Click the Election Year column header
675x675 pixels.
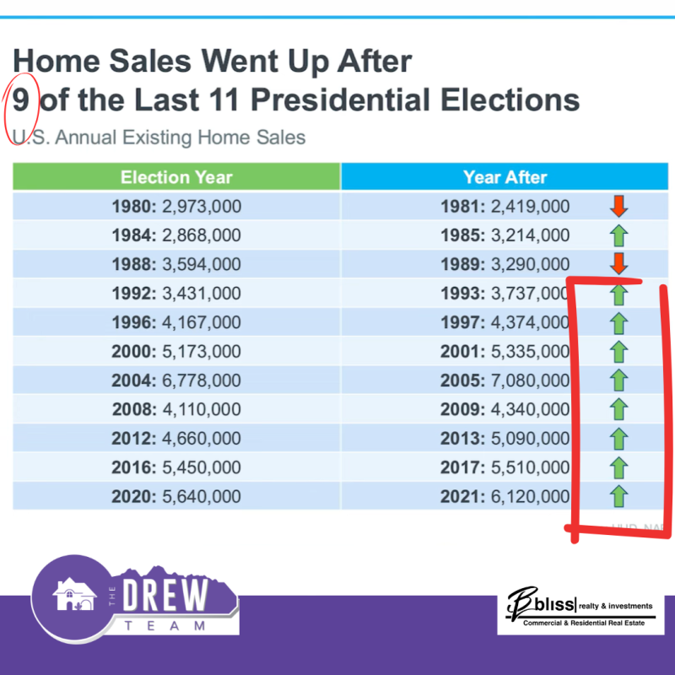[x=176, y=177]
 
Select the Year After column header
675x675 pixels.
[x=505, y=177]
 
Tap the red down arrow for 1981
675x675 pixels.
[x=618, y=206]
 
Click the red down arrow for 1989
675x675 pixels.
[x=618, y=263]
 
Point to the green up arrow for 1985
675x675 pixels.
[x=618, y=235]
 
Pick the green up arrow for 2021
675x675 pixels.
[x=618, y=495]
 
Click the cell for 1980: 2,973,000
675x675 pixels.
[x=176, y=207]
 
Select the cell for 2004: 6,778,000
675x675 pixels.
[x=176, y=381]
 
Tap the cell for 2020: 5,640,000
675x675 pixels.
[x=176, y=496]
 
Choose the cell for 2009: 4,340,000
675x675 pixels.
[x=505, y=409]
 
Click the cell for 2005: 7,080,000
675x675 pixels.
[x=505, y=381]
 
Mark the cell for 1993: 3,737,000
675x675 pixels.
[x=505, y=294]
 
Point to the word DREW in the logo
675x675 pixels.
[x=165, y=596]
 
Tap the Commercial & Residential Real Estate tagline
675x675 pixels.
[x=579, y=623]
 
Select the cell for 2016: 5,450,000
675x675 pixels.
[x=176, y=467]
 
